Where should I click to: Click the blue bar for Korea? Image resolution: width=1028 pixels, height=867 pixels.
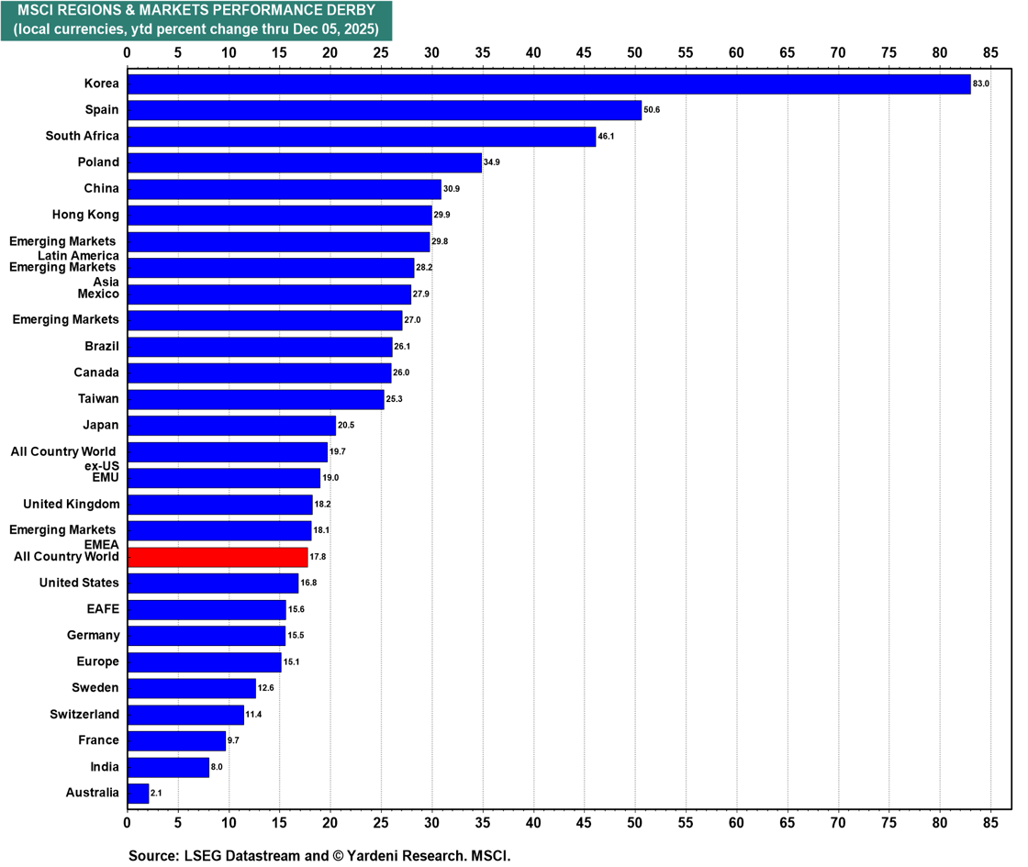(549, 84)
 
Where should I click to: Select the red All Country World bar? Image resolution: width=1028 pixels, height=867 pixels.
(218, 557)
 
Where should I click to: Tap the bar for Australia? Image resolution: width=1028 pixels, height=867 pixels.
(138, 793)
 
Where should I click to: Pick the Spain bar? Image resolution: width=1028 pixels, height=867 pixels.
(385, 110)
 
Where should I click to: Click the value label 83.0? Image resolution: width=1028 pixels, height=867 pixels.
(981, 84)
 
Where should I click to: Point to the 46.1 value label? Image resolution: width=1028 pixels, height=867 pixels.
(607, 137)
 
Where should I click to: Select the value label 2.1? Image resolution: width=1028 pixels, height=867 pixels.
(156, 793)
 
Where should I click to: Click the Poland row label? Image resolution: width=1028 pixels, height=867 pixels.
(98, 162)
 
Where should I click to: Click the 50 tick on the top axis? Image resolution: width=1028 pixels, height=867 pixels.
(634, 52)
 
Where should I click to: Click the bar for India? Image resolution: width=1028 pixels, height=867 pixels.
(168, 767)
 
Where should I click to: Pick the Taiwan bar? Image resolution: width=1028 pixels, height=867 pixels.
(256, 399)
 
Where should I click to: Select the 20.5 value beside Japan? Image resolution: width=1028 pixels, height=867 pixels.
(346, 426)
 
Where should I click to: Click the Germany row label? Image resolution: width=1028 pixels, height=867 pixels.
(94, 635)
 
